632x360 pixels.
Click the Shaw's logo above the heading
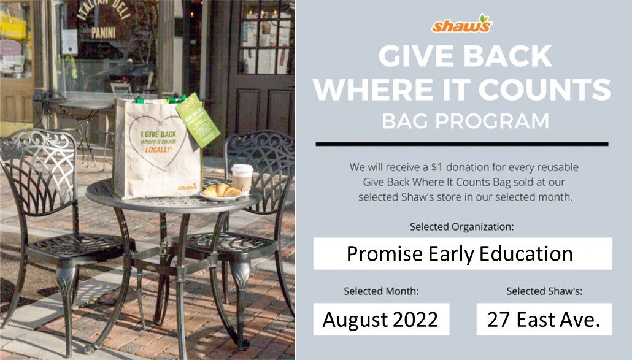tap(461, 25)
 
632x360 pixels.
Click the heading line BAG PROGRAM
tap(464, 120)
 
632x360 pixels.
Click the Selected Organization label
tap(462, 227)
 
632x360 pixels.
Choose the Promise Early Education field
tap(462, 253)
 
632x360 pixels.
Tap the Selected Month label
tap(381, 291)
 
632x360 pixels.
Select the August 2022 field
tap(381, 319)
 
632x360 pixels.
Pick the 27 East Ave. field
tap(544, 319)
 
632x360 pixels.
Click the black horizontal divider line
tap(461, 144)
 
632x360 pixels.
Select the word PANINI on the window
tap(103, 33)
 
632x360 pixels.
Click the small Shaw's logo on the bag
tap(187, 186)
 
